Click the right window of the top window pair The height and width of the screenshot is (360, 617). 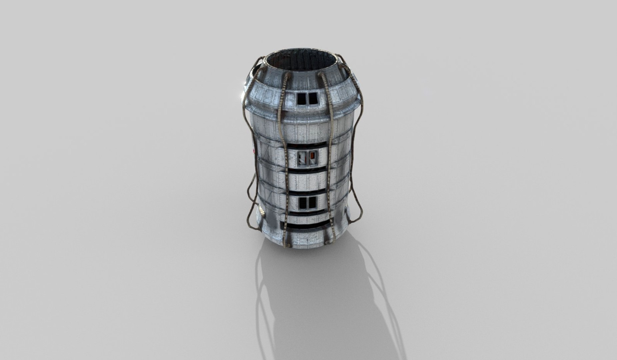click(312, 98)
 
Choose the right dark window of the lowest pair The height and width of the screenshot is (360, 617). click(312, 202)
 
